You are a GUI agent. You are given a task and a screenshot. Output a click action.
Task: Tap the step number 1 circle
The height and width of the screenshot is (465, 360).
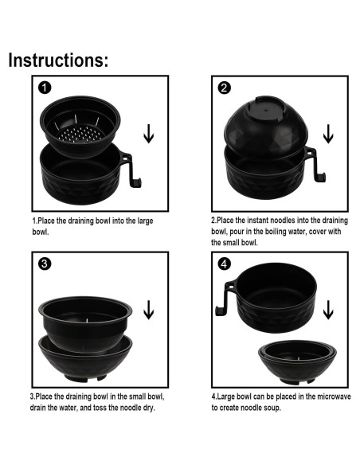coord(45,88)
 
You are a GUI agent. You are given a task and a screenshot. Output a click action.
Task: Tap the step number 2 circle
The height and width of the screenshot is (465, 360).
coord(224,88)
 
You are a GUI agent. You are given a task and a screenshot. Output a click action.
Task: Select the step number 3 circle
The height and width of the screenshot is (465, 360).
coord(45,264)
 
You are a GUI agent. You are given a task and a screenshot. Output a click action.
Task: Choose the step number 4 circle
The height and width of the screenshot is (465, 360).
coord(224,264)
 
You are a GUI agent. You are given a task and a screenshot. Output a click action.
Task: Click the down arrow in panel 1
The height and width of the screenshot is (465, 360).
coord(149,134)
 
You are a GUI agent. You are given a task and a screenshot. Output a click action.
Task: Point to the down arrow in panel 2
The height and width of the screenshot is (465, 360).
coord(328,134)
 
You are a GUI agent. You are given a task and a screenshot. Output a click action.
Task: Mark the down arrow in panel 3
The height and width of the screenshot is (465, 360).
coord(149,310)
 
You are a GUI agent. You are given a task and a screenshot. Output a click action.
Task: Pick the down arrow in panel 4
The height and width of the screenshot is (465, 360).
coord(328,310)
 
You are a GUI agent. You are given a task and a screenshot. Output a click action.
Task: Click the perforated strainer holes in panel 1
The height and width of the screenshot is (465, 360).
coord(80,134)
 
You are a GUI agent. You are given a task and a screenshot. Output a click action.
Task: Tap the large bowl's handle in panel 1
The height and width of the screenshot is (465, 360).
coord(131,170)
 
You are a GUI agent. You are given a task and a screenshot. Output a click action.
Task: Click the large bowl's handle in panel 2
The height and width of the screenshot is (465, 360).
coord(315,164)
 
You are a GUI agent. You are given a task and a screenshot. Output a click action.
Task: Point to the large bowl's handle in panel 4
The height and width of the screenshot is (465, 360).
coord(225,299)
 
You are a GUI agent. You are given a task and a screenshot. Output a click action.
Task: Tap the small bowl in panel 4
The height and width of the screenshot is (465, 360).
coord(297,361)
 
